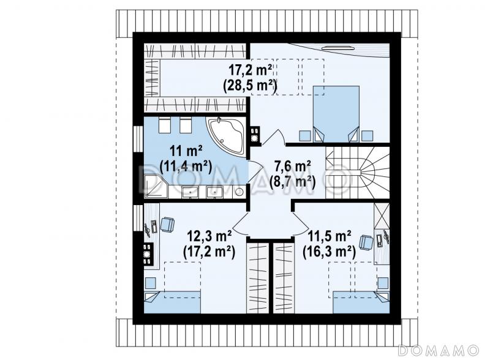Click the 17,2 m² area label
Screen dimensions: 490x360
point(250,70)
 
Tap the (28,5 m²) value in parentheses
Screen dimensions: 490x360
point(250,85)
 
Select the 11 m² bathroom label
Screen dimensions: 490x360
point(186,152)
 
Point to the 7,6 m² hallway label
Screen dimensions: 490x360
point(292,167)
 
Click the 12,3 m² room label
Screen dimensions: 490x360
point(209,236)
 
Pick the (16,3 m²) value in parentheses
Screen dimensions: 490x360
point(329,252)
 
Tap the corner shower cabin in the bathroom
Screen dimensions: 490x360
point(156,186)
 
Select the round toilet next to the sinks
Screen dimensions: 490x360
point(239,192)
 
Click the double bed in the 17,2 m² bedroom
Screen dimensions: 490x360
point(336,114)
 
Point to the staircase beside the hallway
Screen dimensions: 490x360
point(357,172)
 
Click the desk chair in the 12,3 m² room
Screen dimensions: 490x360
point(167,225)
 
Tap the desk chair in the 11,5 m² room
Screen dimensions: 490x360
point(366,242)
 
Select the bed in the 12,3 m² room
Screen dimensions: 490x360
point(173,302)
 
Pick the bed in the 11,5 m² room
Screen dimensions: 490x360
point(361,302)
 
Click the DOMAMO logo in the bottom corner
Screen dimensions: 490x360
point(438,350)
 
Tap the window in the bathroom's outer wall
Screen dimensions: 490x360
point(138,139)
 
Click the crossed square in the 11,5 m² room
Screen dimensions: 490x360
point(382,216)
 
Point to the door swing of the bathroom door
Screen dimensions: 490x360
point(255,172)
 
